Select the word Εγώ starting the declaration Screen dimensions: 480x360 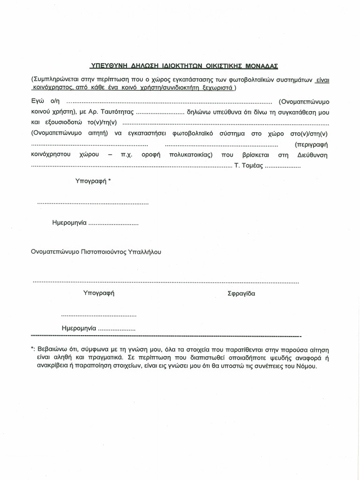(x=38, y=102)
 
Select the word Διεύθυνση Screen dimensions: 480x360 (x=312, y=155)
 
